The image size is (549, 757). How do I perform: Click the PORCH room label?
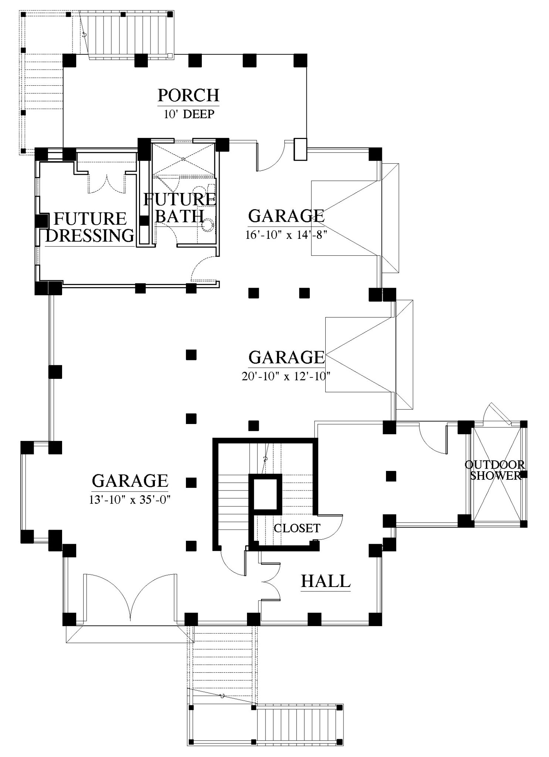pyautogui.click(x=189, y=95)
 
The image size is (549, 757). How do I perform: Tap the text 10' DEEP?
pyautogui.click(x=189, y=114)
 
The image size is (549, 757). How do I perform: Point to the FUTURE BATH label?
pyautogui.click(x=180, y=207)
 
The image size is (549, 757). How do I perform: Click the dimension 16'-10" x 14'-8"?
pyautogui.click(x=287, y=235)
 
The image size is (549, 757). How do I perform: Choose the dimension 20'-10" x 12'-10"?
pyautogui.click(x=286, y=376)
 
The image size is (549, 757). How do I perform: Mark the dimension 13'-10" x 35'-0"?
pyautogui.click(x=130, y=500)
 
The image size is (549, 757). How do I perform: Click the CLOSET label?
pyautogui.click(x=297, y=528)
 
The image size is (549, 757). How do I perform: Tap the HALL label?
pyautogui.click(x=326, y=581)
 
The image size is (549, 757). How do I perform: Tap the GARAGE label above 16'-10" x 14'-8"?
pyautogui.click(x=287, y=216)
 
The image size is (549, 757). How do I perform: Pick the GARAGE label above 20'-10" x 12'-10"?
pyautogui.click(x=287, y=357)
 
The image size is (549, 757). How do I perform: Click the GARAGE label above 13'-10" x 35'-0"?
pyautogui.click(x=130, y=481)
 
